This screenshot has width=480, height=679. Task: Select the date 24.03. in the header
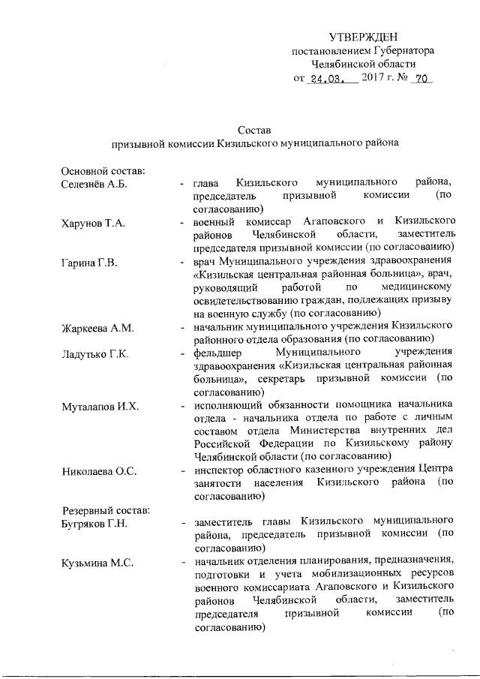tap(328, 78)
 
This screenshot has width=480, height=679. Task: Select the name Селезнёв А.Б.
tap(92, 183)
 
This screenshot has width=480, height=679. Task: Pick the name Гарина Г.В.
tap(87, 264)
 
